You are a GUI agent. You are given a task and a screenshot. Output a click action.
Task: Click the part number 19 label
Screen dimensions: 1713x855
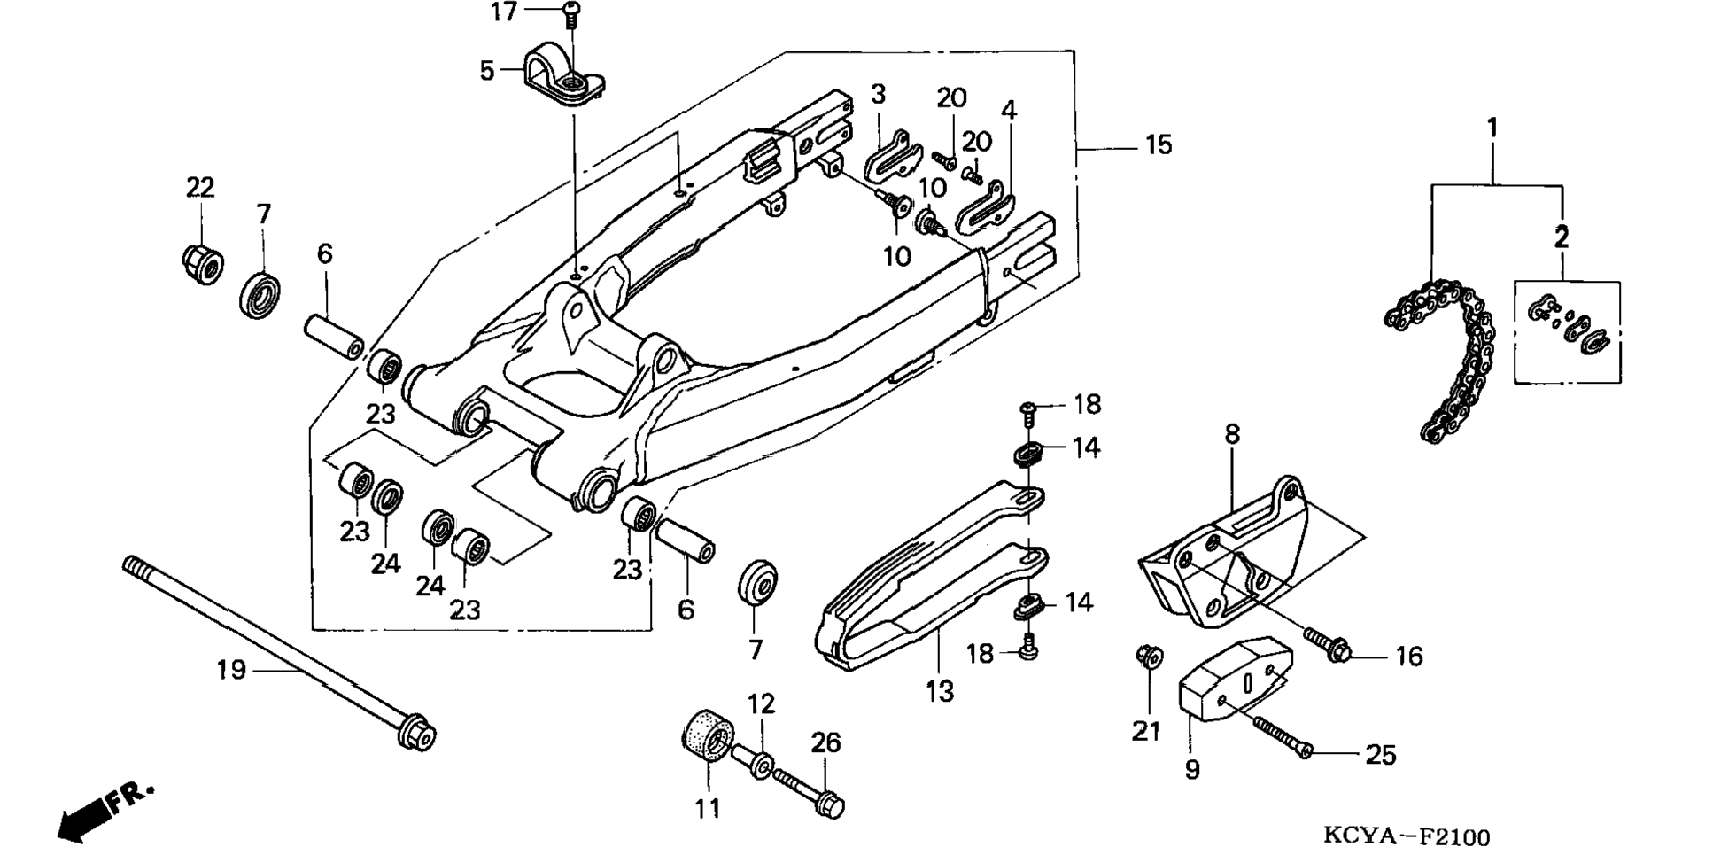(231, 670)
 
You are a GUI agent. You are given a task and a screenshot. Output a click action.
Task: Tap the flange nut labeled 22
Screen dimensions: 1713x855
(203, 263)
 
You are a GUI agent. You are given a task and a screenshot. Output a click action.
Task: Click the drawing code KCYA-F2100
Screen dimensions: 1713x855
(1407, 836)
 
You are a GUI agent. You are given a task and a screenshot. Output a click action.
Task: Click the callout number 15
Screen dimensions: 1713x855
(1159, 144)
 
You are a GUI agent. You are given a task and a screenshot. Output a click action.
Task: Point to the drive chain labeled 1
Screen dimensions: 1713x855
(1438, 360)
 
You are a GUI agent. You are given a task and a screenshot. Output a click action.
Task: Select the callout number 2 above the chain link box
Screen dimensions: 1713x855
(1562, 237)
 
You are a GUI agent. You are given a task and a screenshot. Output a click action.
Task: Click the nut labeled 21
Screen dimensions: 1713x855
(1149, 657)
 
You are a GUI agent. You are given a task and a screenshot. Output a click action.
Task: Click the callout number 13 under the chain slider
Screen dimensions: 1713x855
(940, 691)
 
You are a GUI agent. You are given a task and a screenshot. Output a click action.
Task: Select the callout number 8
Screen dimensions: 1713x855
(1232, 434)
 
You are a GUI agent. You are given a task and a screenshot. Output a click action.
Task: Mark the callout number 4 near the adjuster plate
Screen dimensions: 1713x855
(1009, 110)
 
